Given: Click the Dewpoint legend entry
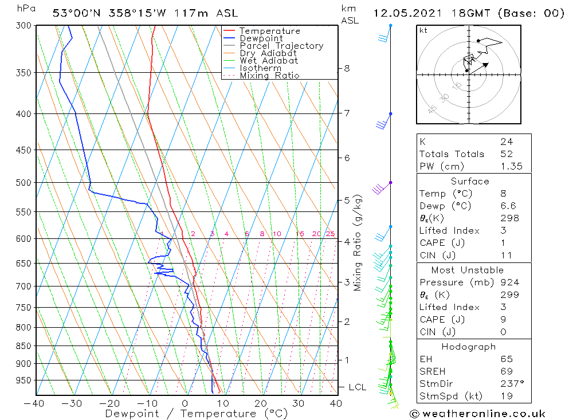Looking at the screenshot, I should point(261,38).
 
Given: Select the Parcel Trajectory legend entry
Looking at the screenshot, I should point(281,46).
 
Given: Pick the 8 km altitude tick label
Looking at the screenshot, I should point(347,68).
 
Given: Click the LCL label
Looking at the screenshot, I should point(357,387).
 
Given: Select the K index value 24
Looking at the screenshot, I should point(506,142).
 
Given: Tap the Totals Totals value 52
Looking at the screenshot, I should point(506,154).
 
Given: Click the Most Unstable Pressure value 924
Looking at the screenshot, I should point(509,282).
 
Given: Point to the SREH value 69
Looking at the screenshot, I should point(506,371).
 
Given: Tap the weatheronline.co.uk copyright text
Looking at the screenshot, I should point(477,414).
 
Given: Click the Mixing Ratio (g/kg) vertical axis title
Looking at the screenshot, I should point(358,243).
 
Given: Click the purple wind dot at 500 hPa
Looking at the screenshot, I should point(391,182).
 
